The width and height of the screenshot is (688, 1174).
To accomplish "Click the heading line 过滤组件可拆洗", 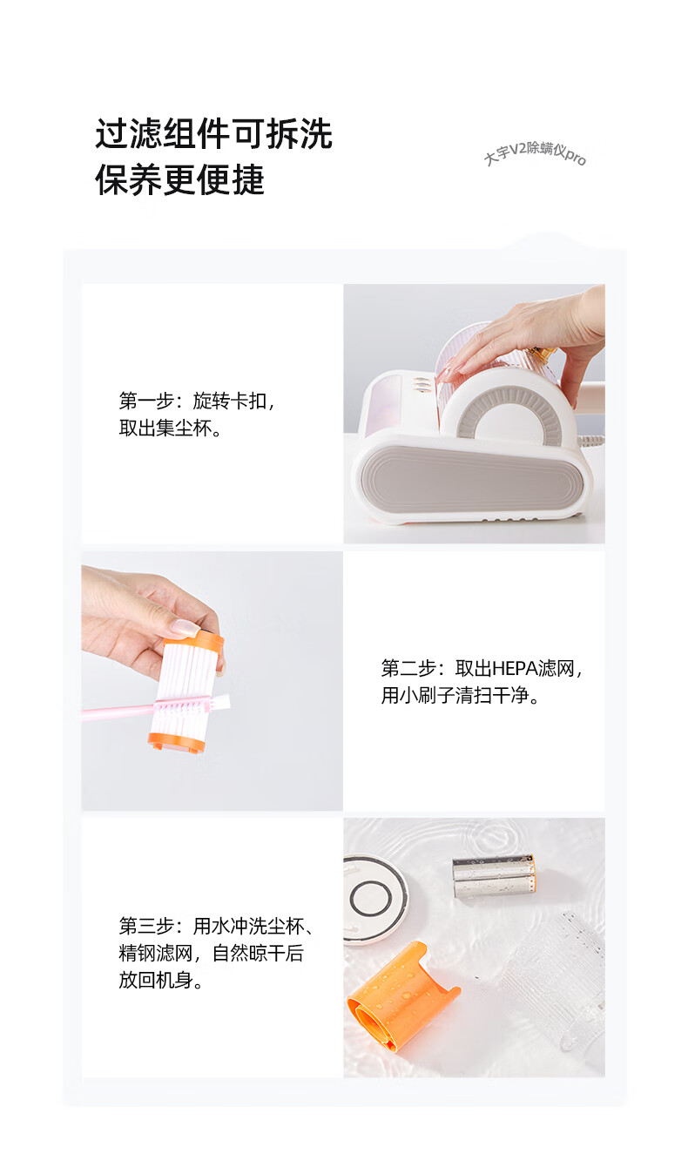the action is pos(213,134).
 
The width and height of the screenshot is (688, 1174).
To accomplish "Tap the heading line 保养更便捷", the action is pos(179,179).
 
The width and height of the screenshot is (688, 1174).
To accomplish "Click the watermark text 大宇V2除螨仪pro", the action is pos(535,153).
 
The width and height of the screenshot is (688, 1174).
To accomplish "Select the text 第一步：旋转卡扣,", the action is pos(197,401).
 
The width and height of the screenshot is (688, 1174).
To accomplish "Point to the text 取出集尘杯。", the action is pos(171,428).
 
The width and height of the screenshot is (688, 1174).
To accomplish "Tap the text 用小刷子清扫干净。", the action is pos(461,696).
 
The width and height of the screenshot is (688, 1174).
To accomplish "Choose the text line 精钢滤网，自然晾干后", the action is pos(211,953).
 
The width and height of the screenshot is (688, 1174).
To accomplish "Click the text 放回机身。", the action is pos(161,980).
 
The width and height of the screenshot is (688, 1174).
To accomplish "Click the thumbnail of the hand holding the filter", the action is pos(212,681).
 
